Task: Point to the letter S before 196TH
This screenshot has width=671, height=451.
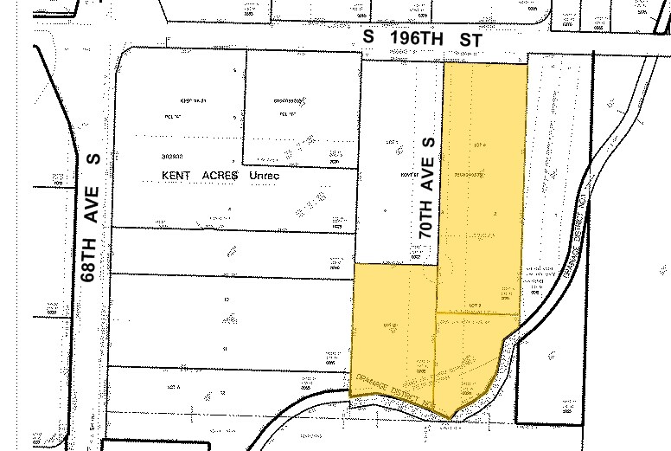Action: pos(368,39)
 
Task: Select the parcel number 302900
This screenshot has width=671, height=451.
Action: pos(171,157)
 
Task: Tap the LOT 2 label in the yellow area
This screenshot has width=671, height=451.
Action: pos(475,306)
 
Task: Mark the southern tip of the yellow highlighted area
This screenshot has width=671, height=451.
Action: pos(450,417)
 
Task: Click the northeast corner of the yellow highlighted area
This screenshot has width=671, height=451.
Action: pos(527,65)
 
